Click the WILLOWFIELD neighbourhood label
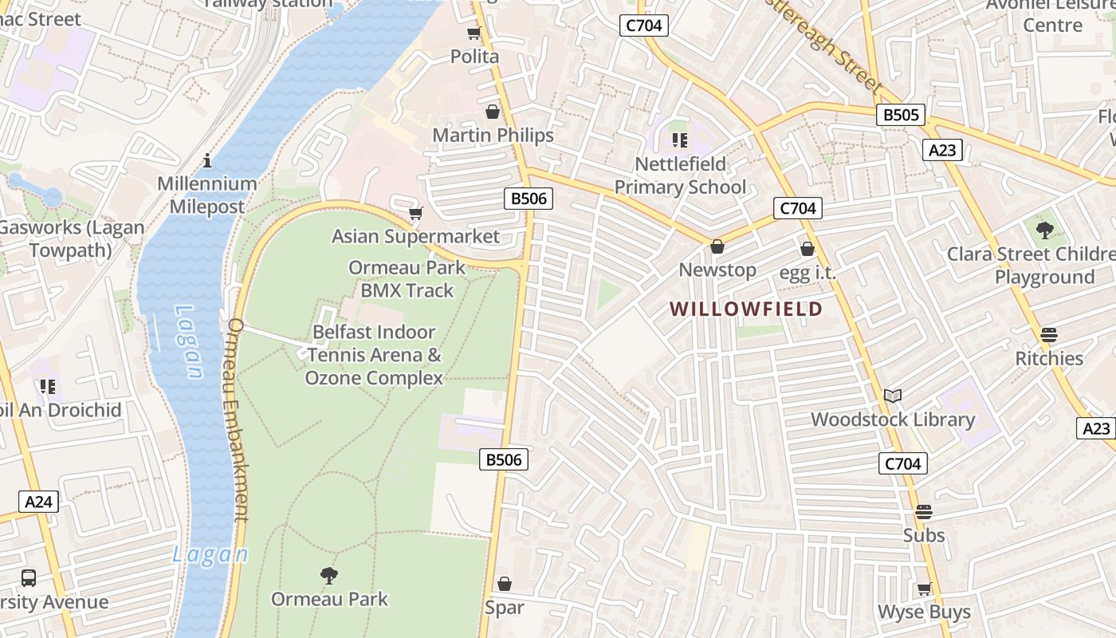[x=745, y=309]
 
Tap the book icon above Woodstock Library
[x=893, y=396]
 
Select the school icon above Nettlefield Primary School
[x=680, y=141]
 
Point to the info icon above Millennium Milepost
[x=207, y=160]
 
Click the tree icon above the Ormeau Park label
[x=328, y=575]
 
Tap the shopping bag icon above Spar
[x=504, y=585]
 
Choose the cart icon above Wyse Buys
[x=924, y=589]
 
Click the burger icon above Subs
[x=924, y=512]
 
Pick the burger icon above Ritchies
[x=1049, y=335]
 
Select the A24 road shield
[x=38, y=502]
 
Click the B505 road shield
[x=902, y=115]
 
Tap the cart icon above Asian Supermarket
[x=415, y=213]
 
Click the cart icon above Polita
[x=474, y=33]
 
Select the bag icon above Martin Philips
[x=493, y=112]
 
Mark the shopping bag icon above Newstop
[x=717, y=246]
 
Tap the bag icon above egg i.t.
[x=808, y=250]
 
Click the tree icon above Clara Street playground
[x=1044, y=230]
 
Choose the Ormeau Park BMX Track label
[x=407, y=279]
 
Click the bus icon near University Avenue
[x=29, y=578]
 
